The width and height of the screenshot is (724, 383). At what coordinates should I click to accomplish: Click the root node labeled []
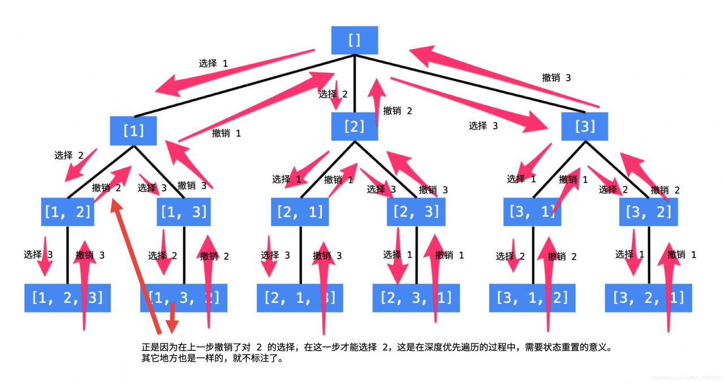coord(354,40)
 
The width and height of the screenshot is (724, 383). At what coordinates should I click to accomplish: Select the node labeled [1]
coord(133,130)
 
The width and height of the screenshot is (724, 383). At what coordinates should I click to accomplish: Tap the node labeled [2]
coord(354,127)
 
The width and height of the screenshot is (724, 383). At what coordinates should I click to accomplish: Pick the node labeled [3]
coord(584,127)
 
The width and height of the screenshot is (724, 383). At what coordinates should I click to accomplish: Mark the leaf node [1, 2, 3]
coord(67,297)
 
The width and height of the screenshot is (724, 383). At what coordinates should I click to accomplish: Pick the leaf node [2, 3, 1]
coord(416,297)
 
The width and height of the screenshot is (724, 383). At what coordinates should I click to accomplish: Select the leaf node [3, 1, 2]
coord(532,297)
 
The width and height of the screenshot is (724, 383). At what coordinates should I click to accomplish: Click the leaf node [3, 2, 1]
coord(648,297)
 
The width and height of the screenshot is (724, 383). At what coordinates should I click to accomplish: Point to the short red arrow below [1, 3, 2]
coord(172,319)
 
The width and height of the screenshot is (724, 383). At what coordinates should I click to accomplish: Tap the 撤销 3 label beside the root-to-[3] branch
coord(556,78)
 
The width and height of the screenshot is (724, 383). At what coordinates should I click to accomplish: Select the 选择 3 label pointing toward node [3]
coord(483,126)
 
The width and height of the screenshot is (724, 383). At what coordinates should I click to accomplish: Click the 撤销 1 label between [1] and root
coord(226,133)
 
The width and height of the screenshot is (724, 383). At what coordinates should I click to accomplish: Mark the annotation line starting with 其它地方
coord(212,358)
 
